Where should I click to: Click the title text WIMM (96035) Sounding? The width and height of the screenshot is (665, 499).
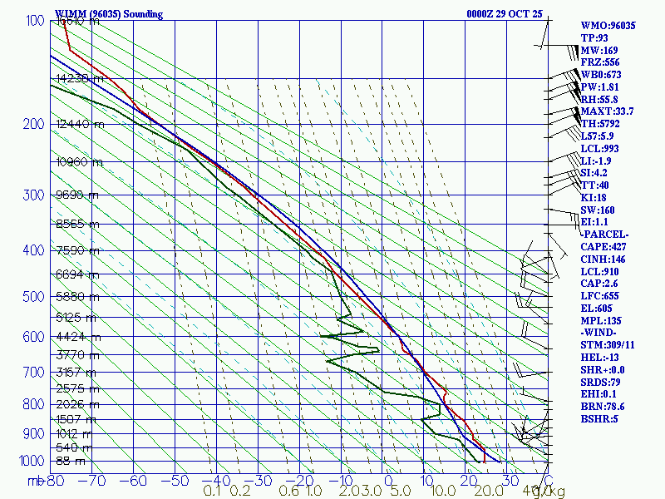[x=109, y=14]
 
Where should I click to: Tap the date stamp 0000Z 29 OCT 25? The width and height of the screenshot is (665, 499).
[x=504, y=14]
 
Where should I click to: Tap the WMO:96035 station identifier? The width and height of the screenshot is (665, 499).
[x=608, y=26]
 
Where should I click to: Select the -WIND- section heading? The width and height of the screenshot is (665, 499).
[x=600, y=333]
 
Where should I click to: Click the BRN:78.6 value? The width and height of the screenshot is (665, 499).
[x=603, y=406]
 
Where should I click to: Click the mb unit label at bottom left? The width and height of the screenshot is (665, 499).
[x=36, y=481]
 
